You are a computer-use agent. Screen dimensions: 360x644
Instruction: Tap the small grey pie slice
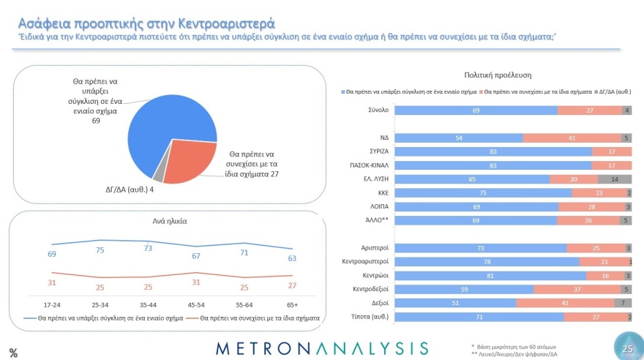(x=157, y=176)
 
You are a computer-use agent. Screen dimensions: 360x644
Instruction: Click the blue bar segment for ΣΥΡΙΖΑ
(x=494, y=151)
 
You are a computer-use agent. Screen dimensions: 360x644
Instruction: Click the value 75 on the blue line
(x=100, y=249)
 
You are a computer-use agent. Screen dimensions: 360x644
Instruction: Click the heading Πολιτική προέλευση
(x=498, y=75)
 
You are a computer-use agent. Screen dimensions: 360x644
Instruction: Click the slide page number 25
(x=627, y=349)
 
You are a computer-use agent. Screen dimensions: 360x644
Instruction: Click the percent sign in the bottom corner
(x=13, y=352)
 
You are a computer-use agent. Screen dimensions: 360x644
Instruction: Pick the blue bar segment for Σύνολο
(x=476, y=110)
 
